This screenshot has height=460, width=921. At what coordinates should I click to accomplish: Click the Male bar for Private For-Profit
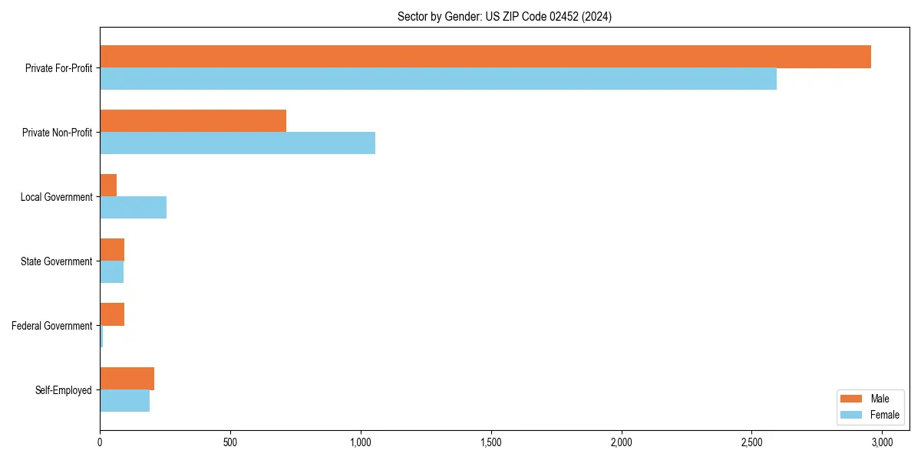coord(485,57)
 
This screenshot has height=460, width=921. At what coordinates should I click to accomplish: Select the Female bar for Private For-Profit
coord(438,79)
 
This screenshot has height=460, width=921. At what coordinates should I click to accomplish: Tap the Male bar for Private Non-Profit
coord(193,121)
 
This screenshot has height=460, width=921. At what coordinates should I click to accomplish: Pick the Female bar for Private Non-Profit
coord(237,143)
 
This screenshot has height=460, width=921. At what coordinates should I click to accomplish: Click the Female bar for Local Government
coord(133,208)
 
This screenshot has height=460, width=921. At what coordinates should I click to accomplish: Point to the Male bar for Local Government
coord(108,186)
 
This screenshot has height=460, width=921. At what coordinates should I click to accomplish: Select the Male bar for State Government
coord(112,250)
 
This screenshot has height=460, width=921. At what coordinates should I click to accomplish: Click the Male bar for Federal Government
coord(112,314)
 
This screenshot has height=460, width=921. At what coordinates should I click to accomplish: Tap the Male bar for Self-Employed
coord(127,379)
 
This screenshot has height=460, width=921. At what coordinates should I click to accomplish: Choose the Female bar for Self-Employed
coord(124,401)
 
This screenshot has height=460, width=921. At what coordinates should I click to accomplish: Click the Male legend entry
coord(870,399)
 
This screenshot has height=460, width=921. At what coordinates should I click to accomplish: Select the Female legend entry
coord(870,415)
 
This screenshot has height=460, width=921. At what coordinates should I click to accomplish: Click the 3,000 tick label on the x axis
coord(882,442)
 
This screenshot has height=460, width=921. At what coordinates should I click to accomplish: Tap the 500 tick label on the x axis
coord(230,442)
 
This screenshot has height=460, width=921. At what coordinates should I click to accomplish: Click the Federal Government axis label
coord(52,326)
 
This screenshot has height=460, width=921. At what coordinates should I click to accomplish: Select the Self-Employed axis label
coord(64,390)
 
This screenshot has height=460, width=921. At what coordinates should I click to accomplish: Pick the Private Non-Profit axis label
coord(57,133)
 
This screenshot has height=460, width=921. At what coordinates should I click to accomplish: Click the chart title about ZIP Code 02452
coord(504,16)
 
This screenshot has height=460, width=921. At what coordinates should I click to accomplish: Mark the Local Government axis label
coord(56,197)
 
